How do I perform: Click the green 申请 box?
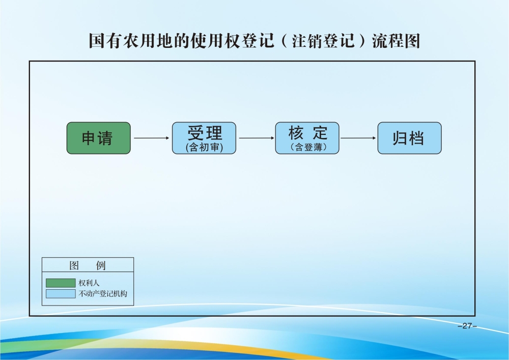pos(99,138)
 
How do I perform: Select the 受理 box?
pos(204,138)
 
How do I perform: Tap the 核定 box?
pos(307,138)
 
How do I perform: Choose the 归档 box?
pos(410,138)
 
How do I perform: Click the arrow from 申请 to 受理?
pos(152,138)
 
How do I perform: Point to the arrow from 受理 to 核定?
pos(257,138)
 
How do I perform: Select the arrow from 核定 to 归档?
pos(358,138)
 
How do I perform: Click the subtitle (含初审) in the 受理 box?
pos(204,147)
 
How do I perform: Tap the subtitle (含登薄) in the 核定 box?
pos(308,147)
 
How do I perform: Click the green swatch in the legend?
pos(61,283)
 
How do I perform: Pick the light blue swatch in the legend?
pos(61,293)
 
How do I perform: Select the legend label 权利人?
pos(89,283)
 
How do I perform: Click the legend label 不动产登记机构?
pos(103,293)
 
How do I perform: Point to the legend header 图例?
pos(88,265)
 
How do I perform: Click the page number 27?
pos(467,325)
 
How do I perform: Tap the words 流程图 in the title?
pos(396,41)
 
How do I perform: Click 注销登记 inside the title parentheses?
pos(323,41)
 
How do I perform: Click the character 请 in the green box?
pos(105,139)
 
